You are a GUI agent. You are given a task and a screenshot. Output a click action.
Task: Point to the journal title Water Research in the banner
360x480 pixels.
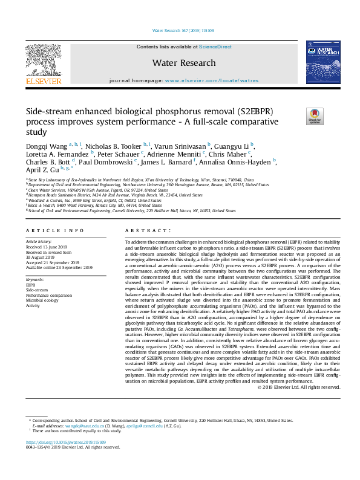(184, 63)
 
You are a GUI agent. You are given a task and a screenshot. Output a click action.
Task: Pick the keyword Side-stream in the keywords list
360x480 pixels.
(36, 290)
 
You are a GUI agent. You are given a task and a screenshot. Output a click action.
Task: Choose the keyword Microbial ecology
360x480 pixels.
(42, 300)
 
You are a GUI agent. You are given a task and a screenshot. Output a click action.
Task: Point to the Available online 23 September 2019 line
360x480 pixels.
(59, 267)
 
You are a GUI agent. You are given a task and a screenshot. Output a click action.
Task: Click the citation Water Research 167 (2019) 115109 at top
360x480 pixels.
(180, 30)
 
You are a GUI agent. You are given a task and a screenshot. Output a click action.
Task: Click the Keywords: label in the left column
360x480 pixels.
(35, 280)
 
